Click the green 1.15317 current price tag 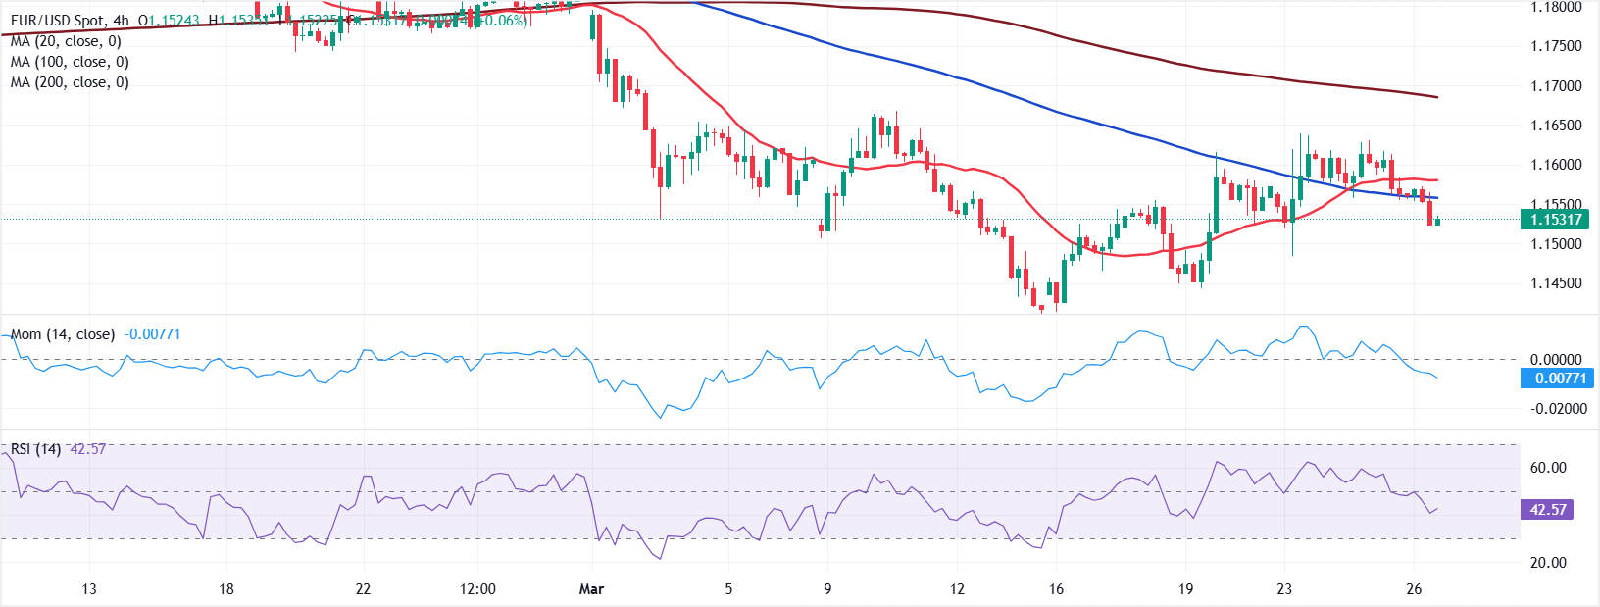click(x=1555, y=220)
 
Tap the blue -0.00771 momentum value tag click(x=1557, y=379)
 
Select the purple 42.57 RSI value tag click(x=1547, y=510)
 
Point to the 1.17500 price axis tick click(x=1556, y=46)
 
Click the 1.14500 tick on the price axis click(x=1556, y=283)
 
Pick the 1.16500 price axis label click(x=1556, y=126)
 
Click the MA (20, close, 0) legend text click(x=66, y=41)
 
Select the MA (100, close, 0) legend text click(x=70, y=62)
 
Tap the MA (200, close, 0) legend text click(x=70, y=82)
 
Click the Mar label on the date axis click(x=592, y=589)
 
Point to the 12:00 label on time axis click(x=477, y=589)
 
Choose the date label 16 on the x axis click(x=1056, y=589)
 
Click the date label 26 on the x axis click(x=1414, y=589)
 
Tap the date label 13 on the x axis click(x=89, y=589)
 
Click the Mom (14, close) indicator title click(x=63, y=334)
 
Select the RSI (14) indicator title click(x=36, y=449)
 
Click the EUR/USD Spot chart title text click(x=58, y=20)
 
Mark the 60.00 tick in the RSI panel click(x=1548, y=468)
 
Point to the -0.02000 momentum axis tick click(x=1558, y=409)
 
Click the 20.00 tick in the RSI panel click(x=1548, y=563)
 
